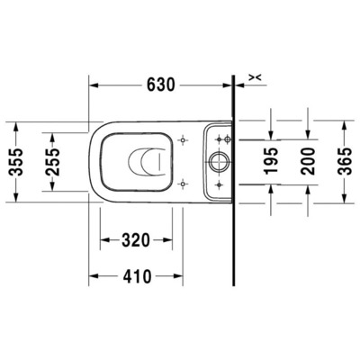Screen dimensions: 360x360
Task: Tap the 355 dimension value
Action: point(13,163)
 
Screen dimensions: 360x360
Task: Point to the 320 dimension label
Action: point(136,240)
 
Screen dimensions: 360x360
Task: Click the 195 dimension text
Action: point(270,162)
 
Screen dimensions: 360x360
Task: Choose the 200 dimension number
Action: point(309,162)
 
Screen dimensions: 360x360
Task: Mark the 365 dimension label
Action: point(346,162)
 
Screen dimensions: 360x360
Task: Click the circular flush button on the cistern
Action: point(220,163)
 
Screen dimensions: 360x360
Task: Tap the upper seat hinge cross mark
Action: point(184,141)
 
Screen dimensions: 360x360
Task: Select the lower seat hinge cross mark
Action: point(184,184)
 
